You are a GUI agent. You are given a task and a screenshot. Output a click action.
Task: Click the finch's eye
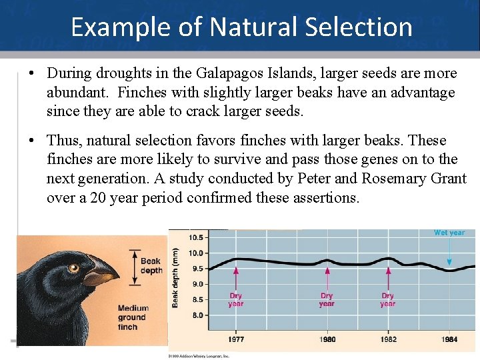(73, 268)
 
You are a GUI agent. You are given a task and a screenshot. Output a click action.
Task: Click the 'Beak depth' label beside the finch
(151, 265)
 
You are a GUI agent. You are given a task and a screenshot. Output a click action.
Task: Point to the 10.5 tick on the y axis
(196, 237)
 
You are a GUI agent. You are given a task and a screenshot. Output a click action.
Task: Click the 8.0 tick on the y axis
(197, 315)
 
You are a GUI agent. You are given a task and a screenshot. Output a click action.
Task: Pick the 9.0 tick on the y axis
(197, 284)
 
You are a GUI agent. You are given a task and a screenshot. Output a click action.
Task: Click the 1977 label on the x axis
(235, 339)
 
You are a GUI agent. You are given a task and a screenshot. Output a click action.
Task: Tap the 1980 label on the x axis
(326, 339)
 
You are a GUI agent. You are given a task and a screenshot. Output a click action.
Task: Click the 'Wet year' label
(449, 233)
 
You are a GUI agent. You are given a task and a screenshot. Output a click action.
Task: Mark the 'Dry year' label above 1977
(235, 300)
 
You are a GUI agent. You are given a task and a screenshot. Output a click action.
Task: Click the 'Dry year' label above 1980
(326, 300)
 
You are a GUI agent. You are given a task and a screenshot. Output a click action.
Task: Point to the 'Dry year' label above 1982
(387, 300)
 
